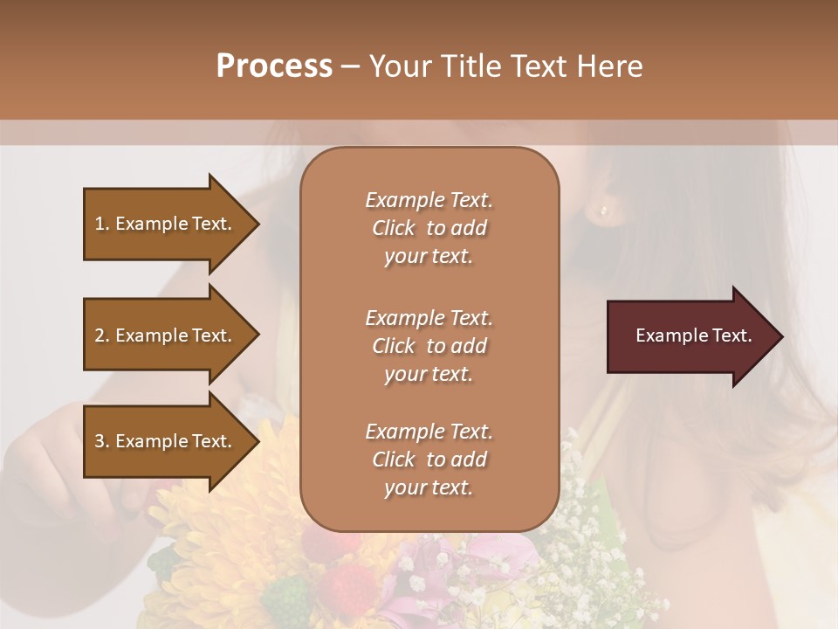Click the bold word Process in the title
click(x=274, y=66)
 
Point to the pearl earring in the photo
click(x=604, y=210)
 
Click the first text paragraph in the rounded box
click(x=429, y=228)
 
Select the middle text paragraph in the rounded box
click(x=429, y=346)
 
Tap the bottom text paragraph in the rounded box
click(x=429, y=460)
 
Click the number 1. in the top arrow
click(x=102, y=224)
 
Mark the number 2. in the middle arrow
click(x=102, y=335)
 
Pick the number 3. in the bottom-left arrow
click(x=102, y=441)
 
